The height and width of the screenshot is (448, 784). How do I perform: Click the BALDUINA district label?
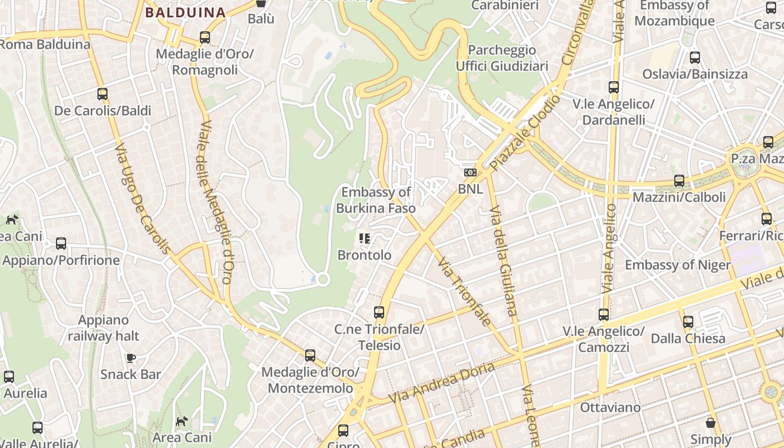(x=185, y=12)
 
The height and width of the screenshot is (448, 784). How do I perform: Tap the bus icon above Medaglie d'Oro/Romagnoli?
(x=205, y=38)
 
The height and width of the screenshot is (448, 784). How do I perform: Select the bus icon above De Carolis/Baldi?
(x=102, y=94)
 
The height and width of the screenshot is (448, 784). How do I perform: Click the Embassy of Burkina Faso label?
(x=376, y=200)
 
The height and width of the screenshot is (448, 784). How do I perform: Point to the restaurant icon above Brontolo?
(x=365, y=239)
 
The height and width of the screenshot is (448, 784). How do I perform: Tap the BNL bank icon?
(x=470, y=172)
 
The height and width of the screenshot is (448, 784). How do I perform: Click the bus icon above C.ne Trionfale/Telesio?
(x=379, y=312)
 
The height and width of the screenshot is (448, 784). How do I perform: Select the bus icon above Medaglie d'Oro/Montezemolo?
(x=310, y=355)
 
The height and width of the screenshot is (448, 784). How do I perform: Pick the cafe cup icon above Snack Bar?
(x=130, y=358)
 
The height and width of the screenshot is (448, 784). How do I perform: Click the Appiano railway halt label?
(x=104, y=328)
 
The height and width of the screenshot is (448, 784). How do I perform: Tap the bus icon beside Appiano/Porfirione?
(x=61, y=244)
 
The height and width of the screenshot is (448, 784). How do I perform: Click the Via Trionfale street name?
(x=464, y=291)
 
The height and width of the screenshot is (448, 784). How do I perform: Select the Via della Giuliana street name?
(x=503, y=260)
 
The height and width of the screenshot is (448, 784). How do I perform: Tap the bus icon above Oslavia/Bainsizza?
(x=694, y=57)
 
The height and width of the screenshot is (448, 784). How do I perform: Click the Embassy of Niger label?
(x=678, y=265)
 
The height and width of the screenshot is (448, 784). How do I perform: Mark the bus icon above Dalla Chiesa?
(x=688, y=322)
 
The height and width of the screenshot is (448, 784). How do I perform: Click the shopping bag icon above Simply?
(x=711, y=423)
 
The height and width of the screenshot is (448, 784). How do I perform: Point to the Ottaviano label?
(x=610, y=407)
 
